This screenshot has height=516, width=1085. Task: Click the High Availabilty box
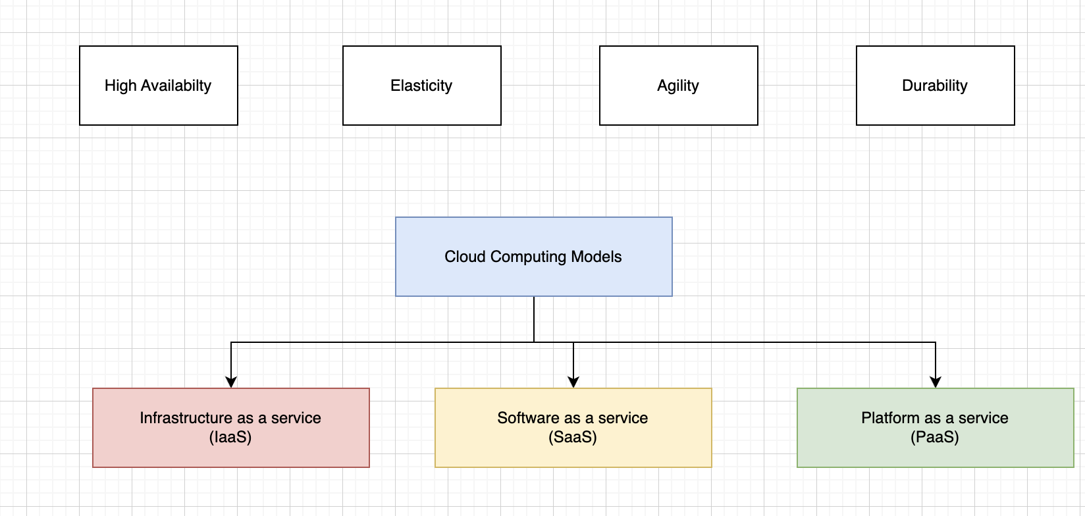tap(159, 86)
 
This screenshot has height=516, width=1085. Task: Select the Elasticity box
tap(422, 86)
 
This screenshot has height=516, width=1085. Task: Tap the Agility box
tap(679, 86)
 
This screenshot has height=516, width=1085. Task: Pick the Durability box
tap(936, 86)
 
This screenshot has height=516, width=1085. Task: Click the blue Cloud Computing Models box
tap(534, 257)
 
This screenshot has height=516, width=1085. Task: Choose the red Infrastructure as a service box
tap(231, 428)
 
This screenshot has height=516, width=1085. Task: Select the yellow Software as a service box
tap(573, 428)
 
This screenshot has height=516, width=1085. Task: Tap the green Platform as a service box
tap(936, 428)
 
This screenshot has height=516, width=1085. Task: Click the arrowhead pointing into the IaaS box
tap(231, 382)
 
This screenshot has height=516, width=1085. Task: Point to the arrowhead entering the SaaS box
tap(573, 382)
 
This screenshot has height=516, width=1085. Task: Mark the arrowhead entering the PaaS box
tap(936, 382)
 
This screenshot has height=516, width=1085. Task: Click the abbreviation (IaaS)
tap(230, 438)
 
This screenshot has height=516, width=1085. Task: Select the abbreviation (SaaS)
tap(573, 438)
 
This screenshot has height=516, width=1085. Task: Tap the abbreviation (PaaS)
tap(935, 438)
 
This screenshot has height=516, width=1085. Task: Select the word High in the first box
tap(120, 86)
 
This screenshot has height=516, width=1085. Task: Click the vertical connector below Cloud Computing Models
tap(534, 319)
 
